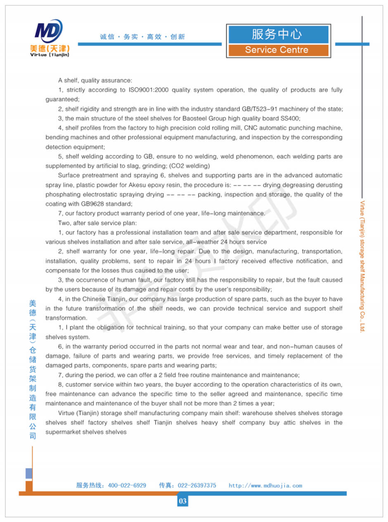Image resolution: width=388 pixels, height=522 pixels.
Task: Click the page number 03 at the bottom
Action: coord(182,501)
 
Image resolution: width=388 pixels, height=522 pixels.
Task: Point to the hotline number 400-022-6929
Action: coord(127,485)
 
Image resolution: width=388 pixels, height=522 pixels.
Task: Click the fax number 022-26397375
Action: coord(197,485)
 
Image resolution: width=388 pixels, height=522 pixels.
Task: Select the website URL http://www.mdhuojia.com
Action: coord(265,486)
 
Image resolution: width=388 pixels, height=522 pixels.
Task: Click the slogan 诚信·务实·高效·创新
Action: coord(142,37)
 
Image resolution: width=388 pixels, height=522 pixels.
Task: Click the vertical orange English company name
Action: coord(363,266)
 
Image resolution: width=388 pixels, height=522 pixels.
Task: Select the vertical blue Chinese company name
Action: coord(33,369)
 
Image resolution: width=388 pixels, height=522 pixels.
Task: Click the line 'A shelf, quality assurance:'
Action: coord(95,80)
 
